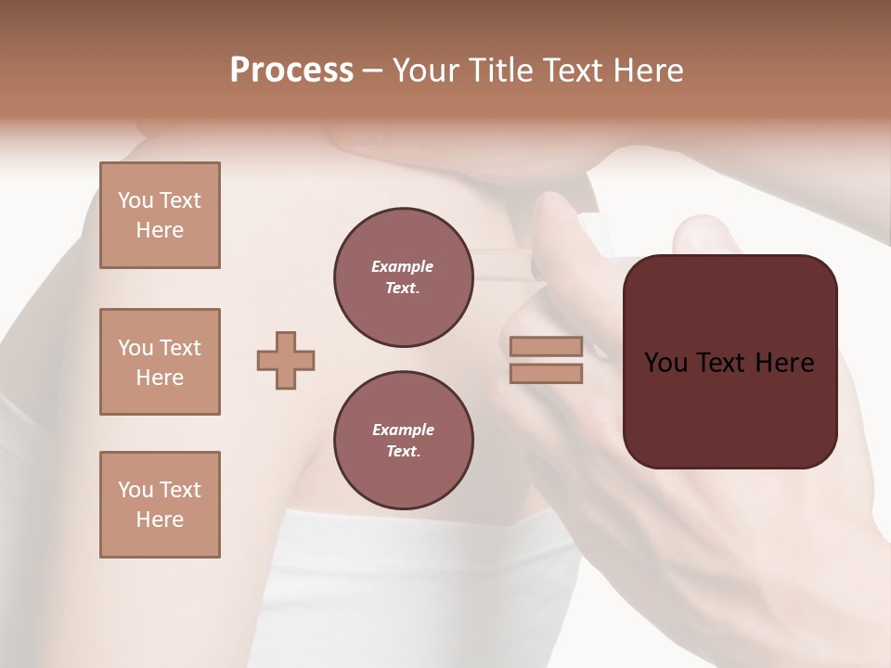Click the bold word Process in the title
[x=291, y=71]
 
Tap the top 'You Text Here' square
[x=160, y=215]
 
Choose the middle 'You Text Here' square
[x=160, y=362]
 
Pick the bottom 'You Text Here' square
[x=160, y=505]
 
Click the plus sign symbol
[x=286, y=360]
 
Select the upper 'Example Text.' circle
[x=403, y=276]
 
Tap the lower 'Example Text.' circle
[x=403, y=440]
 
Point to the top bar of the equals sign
[x=547, y=346]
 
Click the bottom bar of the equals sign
[x=547, y=373]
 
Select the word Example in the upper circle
[x=403, y=266]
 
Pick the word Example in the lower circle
[x=403, y=430]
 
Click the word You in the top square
[x=136, y=200]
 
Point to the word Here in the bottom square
[x=160, y=520]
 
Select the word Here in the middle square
[x=160, y=378]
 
